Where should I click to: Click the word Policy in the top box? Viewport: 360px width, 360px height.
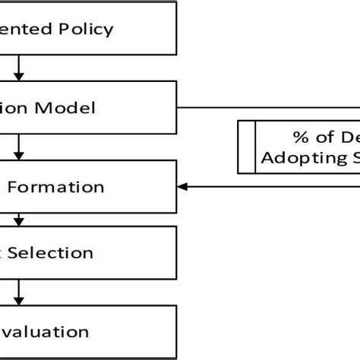86,30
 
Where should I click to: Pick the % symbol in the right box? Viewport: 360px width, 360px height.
298,137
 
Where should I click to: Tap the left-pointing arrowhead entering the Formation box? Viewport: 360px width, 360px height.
182,185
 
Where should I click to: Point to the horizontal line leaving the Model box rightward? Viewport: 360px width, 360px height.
266,107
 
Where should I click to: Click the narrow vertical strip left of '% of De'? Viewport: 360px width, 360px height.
245,147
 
